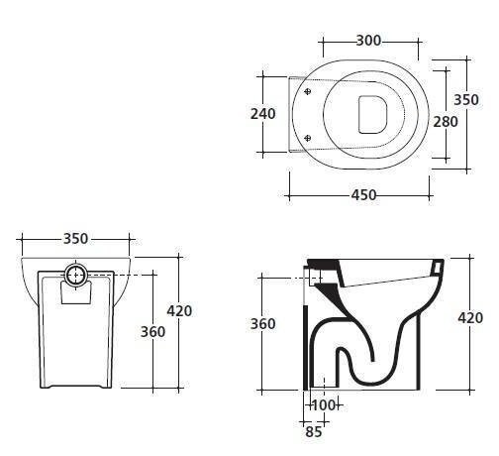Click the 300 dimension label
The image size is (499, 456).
368,41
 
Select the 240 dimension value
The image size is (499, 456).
263,114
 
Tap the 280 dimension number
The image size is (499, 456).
446,122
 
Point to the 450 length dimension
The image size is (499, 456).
363,195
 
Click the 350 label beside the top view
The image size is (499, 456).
466,100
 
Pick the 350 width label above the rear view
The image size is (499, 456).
75,239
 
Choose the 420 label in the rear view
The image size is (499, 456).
179,311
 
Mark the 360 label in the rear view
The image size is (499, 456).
152,332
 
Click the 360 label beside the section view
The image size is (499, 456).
262,324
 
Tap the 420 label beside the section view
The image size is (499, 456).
470,318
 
